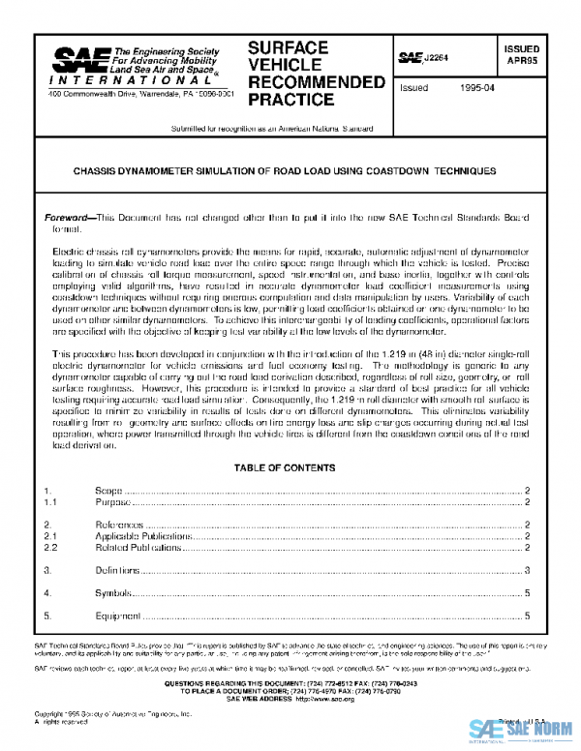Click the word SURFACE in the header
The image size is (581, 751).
(289, 47)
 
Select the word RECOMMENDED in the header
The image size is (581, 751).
(316, 82)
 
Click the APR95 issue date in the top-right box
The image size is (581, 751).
(522, 60)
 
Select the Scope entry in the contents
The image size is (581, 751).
(107, 491)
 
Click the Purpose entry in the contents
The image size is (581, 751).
(111, 503)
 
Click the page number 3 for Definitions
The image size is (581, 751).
(526, 571)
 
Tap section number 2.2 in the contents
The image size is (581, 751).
(52, 548)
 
